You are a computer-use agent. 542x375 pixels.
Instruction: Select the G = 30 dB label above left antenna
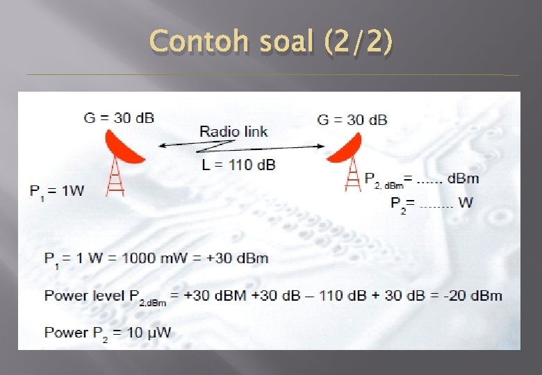[119, 117]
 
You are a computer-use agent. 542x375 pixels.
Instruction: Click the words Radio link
[233, 131]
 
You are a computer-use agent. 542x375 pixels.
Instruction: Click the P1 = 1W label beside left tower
[56, 190]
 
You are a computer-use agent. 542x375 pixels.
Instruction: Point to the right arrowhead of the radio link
[320, 147]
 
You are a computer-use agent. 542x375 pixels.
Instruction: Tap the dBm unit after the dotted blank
[463, 178]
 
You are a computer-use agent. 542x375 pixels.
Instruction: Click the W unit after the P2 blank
[466, 203]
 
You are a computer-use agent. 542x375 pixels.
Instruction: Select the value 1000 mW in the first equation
[149, 258]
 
